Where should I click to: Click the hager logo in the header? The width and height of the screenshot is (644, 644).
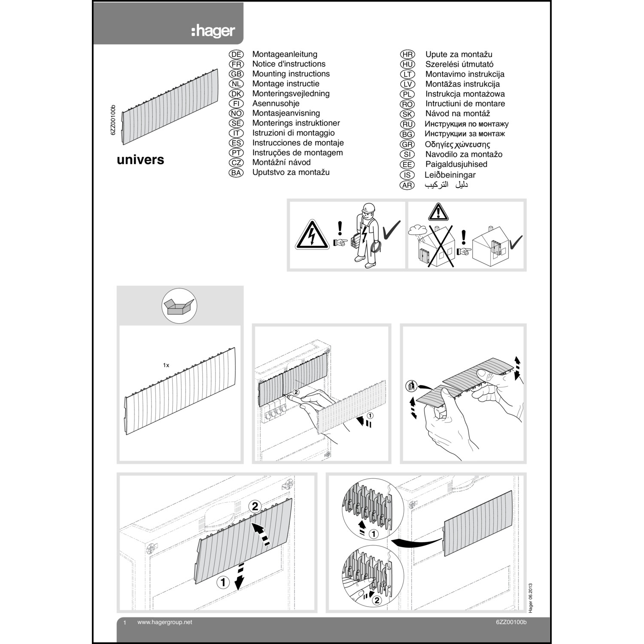click(x=213, y=31)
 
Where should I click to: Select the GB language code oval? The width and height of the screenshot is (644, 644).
click(x=236, y=74)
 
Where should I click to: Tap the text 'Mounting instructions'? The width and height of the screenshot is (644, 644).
click(x=291, y=74)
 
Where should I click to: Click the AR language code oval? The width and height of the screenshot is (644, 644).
click(x=407, y=185)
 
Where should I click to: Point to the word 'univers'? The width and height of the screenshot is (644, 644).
click(x=140, y=160)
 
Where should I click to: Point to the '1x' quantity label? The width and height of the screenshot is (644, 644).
click(x=166, y=365)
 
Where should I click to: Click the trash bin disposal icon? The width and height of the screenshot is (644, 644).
click(x=410, y=386)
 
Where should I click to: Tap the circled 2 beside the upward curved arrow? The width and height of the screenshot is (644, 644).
click(x=255, y=507)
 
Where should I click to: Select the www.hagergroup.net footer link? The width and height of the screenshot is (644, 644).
click(x=164, y=622)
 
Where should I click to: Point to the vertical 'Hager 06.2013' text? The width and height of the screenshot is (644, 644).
click(x=531, y=597)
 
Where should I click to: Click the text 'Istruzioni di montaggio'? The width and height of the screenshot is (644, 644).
click(x=293, y=133)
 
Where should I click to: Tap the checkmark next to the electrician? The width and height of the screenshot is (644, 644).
click(x=391, y=231)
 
